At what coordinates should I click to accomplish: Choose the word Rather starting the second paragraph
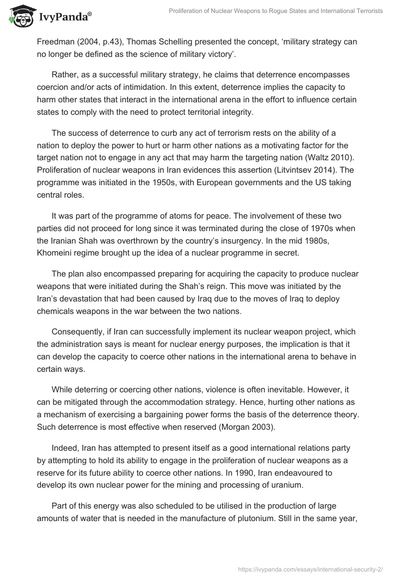click(x=64, y=74)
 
